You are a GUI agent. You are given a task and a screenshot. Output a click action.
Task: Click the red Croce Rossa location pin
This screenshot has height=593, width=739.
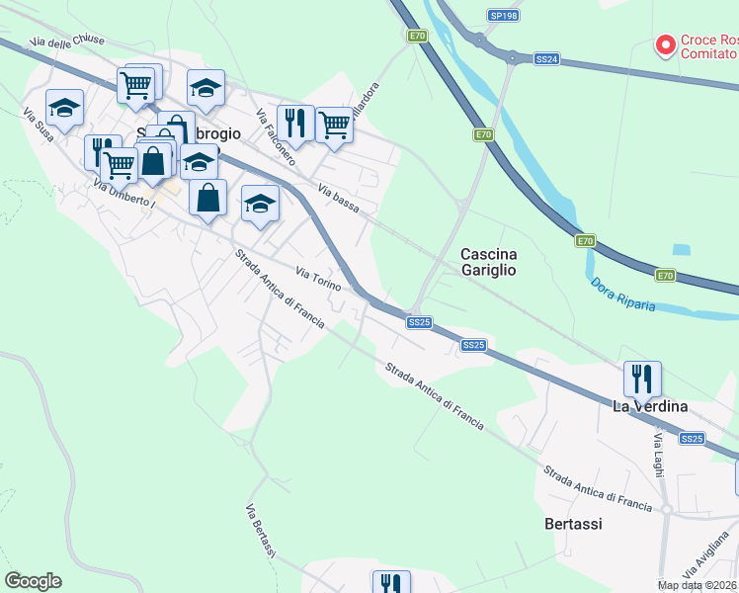(x=665, y=44)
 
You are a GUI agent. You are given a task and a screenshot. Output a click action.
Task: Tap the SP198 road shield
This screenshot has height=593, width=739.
(x=503, y=16)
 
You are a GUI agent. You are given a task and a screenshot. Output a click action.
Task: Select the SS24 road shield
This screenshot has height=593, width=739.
(x=546, y=59)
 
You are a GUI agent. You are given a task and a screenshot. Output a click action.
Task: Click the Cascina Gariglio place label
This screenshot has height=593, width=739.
(x=488, y=262)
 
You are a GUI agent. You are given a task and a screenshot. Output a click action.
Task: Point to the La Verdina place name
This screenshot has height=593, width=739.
(x=649, y=406)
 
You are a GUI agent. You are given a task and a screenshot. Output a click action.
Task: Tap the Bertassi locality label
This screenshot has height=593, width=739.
(x=573, y=524)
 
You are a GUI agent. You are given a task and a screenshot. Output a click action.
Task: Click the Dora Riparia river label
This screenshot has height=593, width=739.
(x=623, y=295)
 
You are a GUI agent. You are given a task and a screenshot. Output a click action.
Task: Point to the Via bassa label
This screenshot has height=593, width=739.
(x=338, y=197)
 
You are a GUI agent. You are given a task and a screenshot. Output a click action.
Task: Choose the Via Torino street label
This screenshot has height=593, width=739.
(x=319, y=278)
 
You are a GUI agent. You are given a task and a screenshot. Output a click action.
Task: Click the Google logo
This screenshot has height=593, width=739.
(x=33, y=581)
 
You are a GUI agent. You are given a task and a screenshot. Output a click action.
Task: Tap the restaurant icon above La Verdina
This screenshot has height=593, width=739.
(x=642, y=378)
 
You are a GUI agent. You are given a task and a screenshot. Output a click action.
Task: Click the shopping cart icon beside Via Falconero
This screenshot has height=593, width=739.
(x=334, y=125)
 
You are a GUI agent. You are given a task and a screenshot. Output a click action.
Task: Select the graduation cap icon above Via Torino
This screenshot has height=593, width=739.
(x=260, y=204)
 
